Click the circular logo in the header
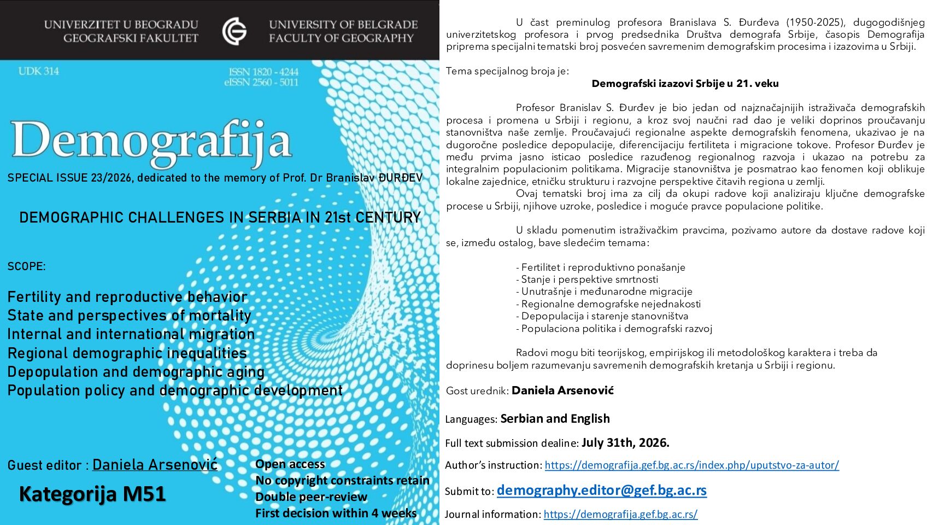pyautogui.click(x=234, y=31)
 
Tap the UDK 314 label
pyautogui.click(x=38, y=71)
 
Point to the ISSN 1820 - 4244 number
pyautogui.click(x=263, y=72)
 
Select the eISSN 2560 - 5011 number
pyautogui.click(x=261, y=83)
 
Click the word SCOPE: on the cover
pyautogui.click(x=27, y=267)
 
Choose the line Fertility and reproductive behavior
pyautogui.click(x=127, y=297)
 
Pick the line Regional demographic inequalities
pyautogui.click(x=127, y=353)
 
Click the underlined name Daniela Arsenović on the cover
pyautogui.click(x=155, y=465)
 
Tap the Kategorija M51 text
pyautogui.click(x=92, y=494)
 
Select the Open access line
pyautogui.click(x=290, y=464)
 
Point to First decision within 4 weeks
pyautogui.click(x=336, y=514)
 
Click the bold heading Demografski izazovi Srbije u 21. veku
pyautogui.click(x=685, y=84)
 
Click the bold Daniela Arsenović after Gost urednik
pyautogui.click(x=562, y=390)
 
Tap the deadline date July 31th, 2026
pyautogui.click(x=625, y=443)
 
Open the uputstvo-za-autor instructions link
pyautogui.click(x=691, y=465)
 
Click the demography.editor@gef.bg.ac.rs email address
pyautogui.click(x=601, y=491)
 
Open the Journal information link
pyautogui.click(x=620, y=514)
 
